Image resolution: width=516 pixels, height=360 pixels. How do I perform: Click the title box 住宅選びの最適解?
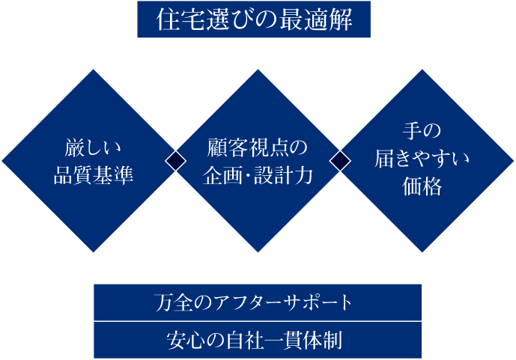pyautogui.click(x=255, y=20)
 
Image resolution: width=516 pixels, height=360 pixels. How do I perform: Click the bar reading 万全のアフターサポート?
pyautogui.click(x=258, y=302)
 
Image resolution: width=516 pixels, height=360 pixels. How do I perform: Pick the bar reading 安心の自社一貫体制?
pyautogui.click(x=258, y=341)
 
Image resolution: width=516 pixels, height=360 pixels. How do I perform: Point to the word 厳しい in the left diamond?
pyautogui.click(x=93, y=147)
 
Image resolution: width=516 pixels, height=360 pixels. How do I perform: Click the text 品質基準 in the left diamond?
pyautogui.click(x=93, y=176)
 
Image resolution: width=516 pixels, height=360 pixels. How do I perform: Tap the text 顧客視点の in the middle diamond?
pyautogui.click(x=258, y=147)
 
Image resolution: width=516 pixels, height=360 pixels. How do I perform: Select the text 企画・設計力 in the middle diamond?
pyautogui.click(x=258, y=176)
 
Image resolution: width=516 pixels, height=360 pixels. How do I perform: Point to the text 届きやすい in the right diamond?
pyautogui.click(x=423, y=159)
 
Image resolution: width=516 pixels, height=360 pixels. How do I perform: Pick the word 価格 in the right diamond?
pyautogui.click(x=423, y=187)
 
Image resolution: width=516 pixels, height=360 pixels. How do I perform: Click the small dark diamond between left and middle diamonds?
pyautogui.click(x=175, y=160)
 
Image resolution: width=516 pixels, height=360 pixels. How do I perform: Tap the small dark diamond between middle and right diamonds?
pyautogui.click(x=341, y=160)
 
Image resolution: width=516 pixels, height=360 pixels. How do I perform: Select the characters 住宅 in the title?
pyautogui.click(x=177, y=21)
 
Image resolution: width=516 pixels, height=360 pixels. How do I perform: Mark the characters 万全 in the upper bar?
pyautogui.click(x=174, y=303)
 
